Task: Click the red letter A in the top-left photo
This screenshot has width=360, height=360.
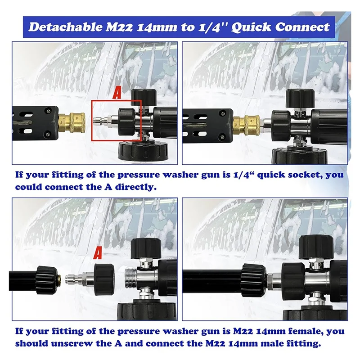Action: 116,94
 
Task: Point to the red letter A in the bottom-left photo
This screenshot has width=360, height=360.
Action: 97,253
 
